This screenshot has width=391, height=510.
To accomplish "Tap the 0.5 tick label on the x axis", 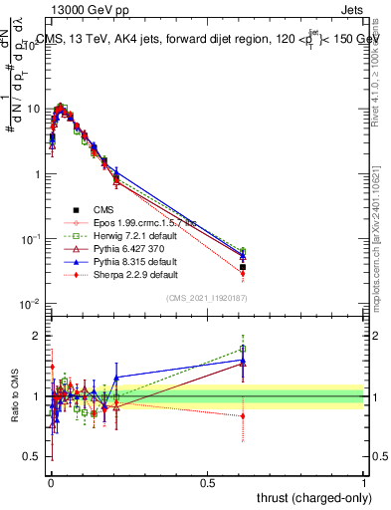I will (208, 482).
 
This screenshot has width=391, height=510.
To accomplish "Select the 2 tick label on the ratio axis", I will (35, 336).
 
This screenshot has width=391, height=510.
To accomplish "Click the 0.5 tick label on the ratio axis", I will (30, 456).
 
